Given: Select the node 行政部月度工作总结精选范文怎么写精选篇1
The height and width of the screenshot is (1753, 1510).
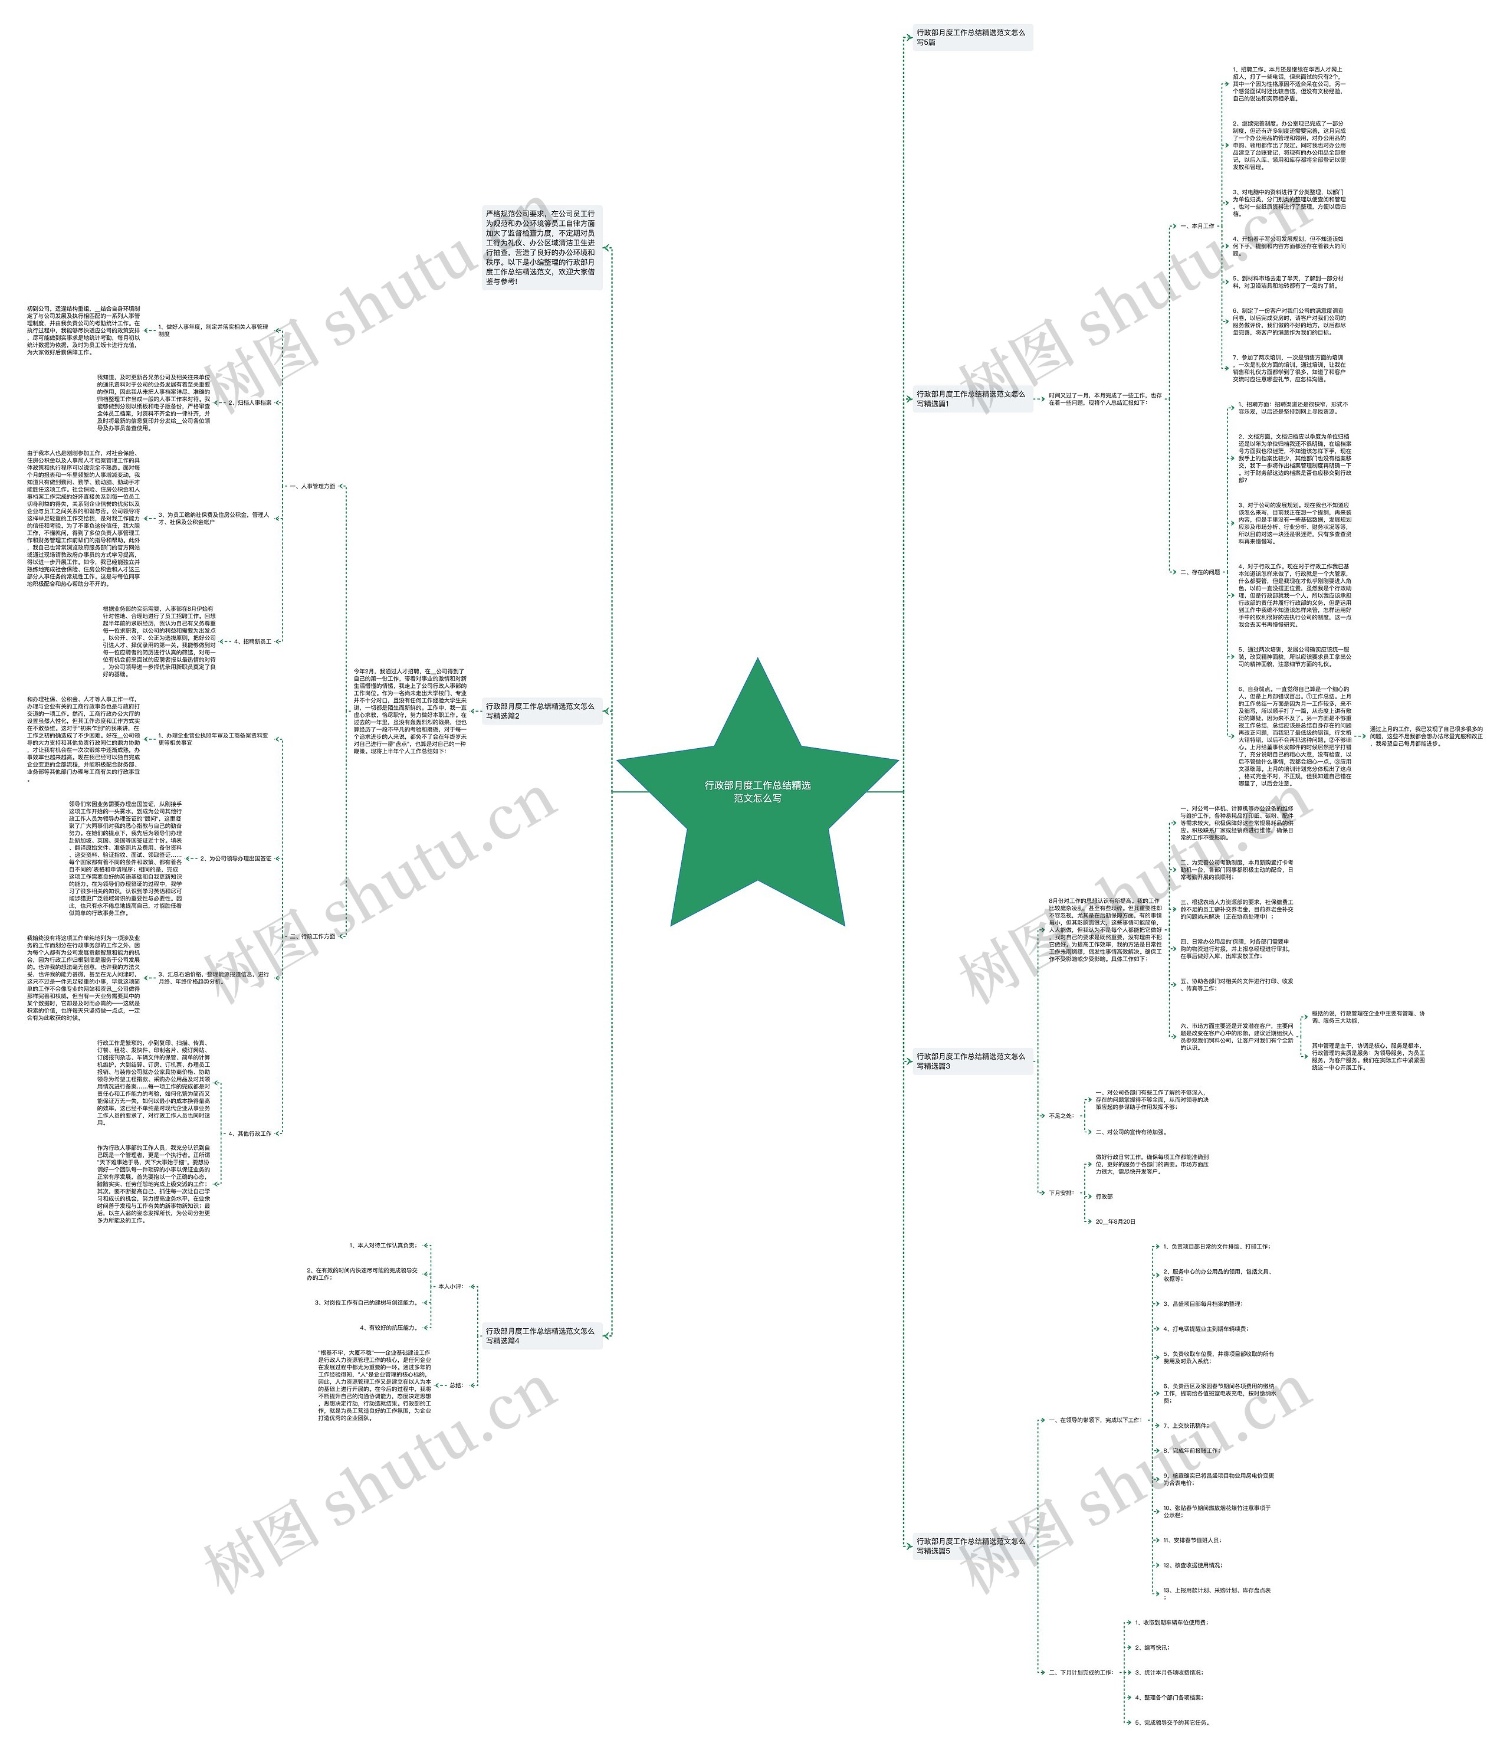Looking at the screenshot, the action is click(x=971, y=398).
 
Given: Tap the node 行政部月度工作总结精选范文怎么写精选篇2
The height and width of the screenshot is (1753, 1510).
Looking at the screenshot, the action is click(x=540, y=710).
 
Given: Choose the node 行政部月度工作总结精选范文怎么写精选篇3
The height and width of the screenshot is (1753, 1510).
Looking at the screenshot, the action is click(x=971, y=1061).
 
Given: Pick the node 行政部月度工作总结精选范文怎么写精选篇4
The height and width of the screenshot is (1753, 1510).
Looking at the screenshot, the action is click(x=540, y=1336).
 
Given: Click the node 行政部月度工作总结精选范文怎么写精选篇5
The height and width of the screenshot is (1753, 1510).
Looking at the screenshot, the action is click(x=971, y=1546).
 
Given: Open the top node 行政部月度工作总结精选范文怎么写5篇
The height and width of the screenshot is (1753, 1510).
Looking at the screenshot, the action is click(x=971, y=37).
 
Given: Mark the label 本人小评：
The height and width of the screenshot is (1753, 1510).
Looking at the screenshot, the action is click(x=450, y=1286).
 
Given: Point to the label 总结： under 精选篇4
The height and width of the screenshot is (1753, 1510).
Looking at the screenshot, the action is click(x=456, y=1385).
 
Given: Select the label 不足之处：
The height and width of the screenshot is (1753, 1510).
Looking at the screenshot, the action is click(x=1061, y=1116).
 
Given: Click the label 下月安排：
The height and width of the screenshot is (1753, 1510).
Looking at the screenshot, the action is click(x=1061, y=1193).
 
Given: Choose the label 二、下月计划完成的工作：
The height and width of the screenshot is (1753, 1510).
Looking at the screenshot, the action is click(x=1080, y=1673).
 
